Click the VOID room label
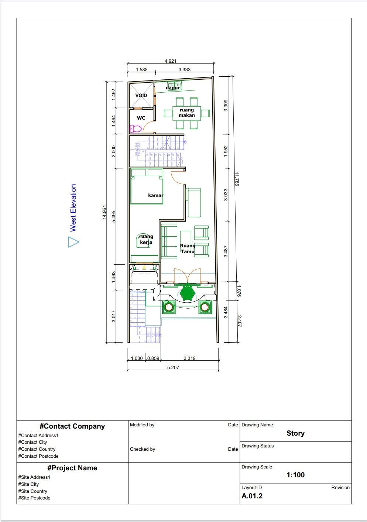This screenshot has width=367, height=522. (x=141, y=95)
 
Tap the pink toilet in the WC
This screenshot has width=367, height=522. (x=135, y=129)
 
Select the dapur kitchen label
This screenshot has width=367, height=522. (x=173, y=88)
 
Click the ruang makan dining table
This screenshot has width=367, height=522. (x=186, y=113)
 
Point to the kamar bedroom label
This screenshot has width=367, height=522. (x=155, y=195)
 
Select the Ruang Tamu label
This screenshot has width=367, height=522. (x=188, y=248)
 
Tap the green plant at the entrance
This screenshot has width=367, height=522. (x=187, y=293)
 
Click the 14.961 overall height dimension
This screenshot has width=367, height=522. (x=104, y=212)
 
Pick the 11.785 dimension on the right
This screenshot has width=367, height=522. (x=237, y=179)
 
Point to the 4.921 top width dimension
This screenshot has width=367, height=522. (x=170, y=61)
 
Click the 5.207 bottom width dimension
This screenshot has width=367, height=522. (x=173, y=367)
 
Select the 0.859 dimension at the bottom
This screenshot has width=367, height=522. (x=153, y=358)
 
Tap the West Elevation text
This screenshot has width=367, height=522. (x=73, y=208)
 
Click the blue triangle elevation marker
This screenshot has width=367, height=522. (x=73, y=242)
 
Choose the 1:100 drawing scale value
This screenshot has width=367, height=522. (x=295, y=475)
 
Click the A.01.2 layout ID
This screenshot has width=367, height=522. (x=252, y=496)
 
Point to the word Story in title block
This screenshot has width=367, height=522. (x=295, y=433)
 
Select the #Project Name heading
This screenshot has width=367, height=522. (x=72, y=468)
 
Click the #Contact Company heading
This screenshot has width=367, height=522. (x=72, y=426)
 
